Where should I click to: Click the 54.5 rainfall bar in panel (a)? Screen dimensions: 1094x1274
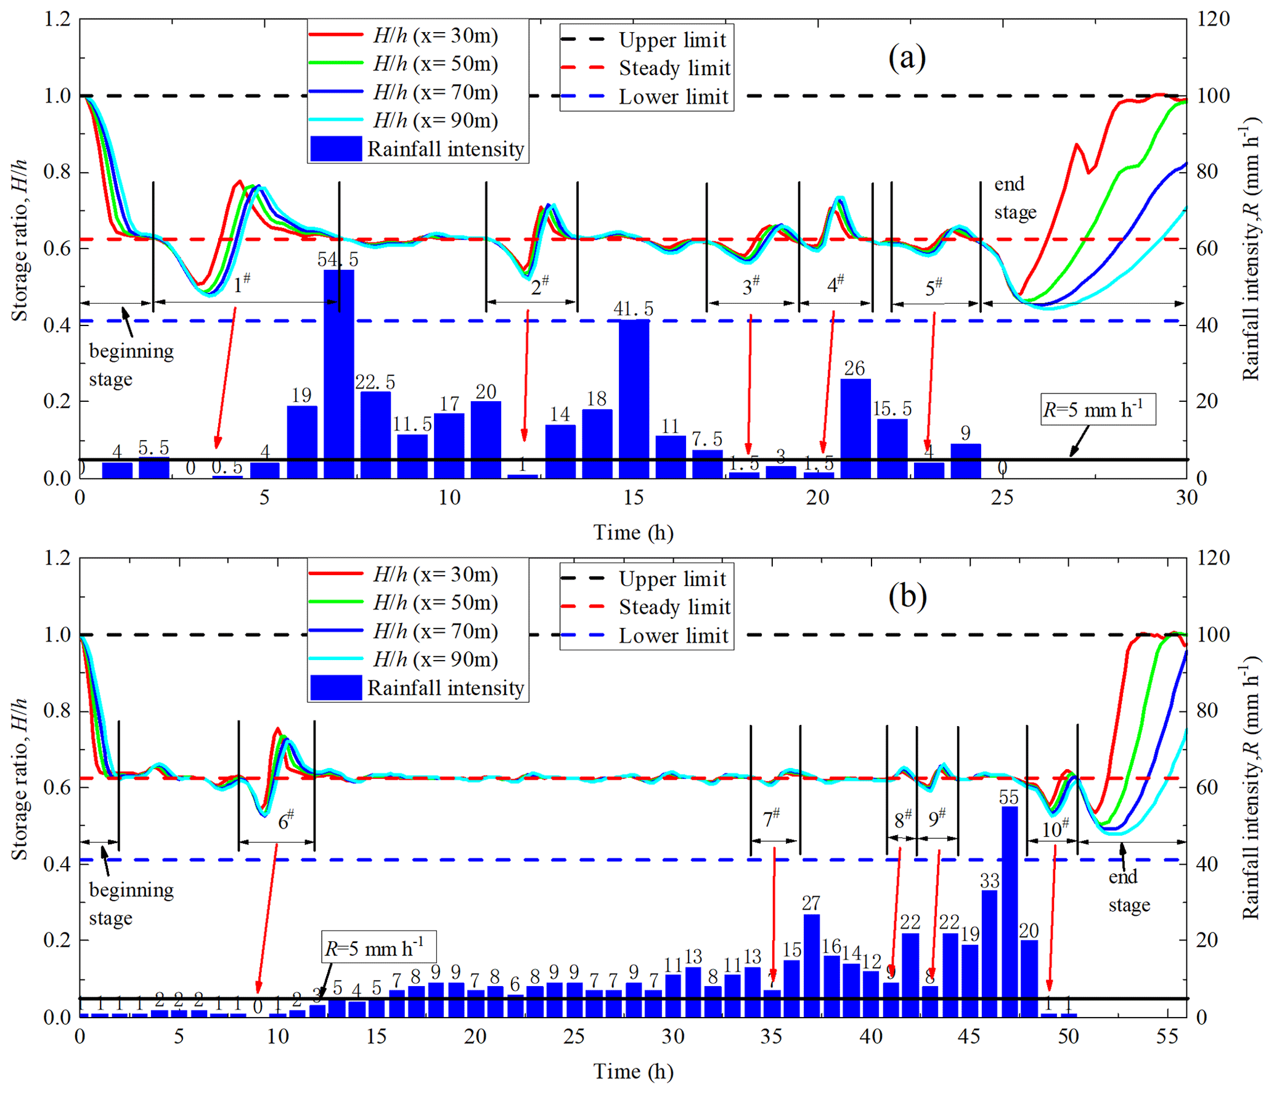point(338,373)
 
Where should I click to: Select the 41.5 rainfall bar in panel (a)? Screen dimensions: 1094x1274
point(634,398)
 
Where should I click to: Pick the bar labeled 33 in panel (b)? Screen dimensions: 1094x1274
point(989,953)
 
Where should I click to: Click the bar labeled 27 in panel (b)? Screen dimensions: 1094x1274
point(811,965)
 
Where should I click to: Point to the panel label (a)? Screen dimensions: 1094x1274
point(907,58)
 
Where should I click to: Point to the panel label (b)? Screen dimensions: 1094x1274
point(907,596)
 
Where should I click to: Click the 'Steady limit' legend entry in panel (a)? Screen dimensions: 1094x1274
point(646,68)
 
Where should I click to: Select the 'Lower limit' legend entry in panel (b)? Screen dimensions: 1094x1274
point(646,635)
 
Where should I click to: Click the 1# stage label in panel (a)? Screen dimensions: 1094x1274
point(242,284)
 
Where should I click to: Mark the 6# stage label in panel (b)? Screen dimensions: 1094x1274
point(285,820)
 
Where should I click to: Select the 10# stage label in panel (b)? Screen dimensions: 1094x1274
point(1055,828)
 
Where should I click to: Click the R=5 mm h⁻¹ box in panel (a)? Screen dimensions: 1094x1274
point(1097,409)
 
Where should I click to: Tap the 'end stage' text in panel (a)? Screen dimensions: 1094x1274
point(1015,198)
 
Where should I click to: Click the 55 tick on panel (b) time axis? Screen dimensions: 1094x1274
point(1167,1036)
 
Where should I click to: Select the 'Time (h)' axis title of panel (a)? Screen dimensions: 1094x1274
point(633,532)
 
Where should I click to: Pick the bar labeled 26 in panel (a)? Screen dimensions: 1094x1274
point(855,428)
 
